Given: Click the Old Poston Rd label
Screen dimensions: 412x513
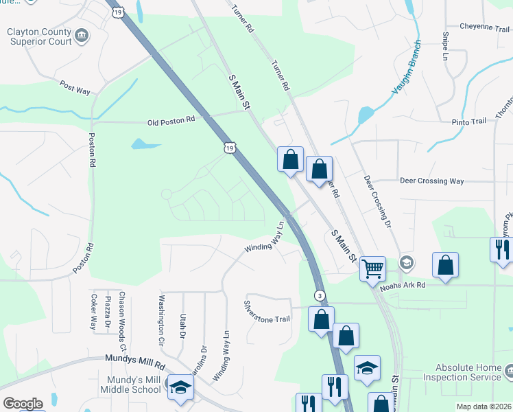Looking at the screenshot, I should [171, 120].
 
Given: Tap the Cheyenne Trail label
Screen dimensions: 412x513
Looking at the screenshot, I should [485, 27].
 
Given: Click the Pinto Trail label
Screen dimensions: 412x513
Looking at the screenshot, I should [469, 121].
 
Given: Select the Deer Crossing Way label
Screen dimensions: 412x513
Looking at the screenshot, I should [432, 181].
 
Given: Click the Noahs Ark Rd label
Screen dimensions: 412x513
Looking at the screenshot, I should [403, 285].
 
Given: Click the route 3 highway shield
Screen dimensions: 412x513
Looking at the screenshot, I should [320, 295].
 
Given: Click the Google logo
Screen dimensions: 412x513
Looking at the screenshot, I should [23, 404].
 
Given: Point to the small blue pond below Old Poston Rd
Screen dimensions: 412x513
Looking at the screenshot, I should [145, 144].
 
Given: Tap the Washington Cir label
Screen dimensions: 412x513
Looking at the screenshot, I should [162, 320].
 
